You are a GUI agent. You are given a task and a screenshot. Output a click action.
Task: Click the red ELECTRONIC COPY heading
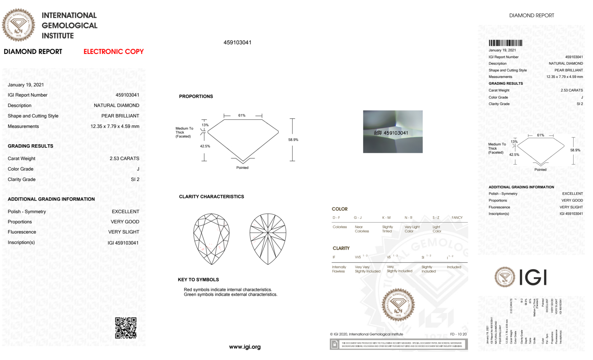tap(114, 52)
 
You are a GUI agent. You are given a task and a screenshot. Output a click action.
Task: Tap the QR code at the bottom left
tap(126, 328)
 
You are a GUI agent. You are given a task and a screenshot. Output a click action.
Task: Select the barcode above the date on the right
tap(505, 43)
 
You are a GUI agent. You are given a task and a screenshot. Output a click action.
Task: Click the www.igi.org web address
tap(245, 347)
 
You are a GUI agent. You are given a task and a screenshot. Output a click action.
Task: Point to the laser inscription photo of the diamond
tap(393, 132)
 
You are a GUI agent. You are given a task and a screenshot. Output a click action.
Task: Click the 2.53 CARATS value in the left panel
tap(124, 159)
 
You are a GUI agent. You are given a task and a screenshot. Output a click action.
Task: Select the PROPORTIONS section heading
tap(196, 96)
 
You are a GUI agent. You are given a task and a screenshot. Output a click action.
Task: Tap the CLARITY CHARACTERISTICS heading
tap(211, 196)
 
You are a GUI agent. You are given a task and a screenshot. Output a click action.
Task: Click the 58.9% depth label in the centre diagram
tap(293, 140)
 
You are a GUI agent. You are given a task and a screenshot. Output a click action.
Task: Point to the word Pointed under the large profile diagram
tap(242, 168)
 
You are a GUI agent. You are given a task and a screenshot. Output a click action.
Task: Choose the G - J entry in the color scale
tap(358, 218)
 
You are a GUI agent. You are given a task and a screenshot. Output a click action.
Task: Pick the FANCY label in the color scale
tap(457, 218)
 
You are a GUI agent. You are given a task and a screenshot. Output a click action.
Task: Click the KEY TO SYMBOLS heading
tap(198, 279)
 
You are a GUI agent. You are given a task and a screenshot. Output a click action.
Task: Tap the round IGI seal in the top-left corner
tap(18, 25)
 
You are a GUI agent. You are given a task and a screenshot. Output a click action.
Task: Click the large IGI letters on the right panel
tap(533, 278)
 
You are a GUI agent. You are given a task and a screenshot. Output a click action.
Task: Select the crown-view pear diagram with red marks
tap(211, 239)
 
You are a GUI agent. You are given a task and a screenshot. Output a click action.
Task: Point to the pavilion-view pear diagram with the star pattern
tap(268, 239)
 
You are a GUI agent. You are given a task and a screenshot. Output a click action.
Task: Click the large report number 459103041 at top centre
tap(237, 42)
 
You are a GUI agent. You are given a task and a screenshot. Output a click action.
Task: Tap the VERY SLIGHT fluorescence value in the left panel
tap(124, 232)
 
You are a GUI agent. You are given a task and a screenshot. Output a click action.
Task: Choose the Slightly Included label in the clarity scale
tap(429, 269)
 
